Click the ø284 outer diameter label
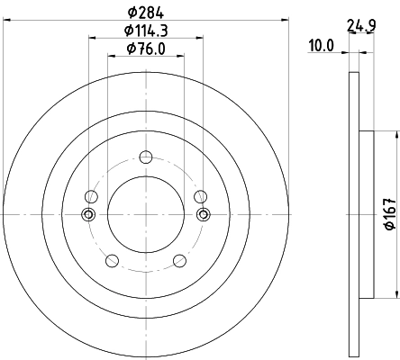146,11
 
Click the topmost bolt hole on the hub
146,157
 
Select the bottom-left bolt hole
112,261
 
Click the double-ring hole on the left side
88,214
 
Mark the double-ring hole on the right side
203,214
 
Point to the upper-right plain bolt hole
200,196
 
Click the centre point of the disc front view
146,214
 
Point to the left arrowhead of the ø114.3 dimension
91,38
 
